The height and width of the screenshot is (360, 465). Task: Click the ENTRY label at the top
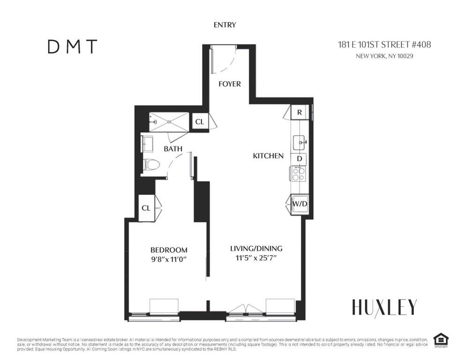(225, 25)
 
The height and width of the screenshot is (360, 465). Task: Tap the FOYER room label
(229, 84)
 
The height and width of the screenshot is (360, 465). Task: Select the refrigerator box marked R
(300, 112)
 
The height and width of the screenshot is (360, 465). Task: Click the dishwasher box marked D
(299, 159)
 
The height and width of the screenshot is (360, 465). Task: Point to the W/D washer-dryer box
(300, 204)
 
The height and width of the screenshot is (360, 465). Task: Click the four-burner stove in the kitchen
(299, 173)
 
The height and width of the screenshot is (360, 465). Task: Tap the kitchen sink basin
(300, 143)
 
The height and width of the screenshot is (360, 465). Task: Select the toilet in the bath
(151, 165)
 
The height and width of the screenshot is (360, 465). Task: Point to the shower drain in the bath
(169, 122)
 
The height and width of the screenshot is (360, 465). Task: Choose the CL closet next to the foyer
(199, 122)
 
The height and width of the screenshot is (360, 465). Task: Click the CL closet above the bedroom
(146, 208)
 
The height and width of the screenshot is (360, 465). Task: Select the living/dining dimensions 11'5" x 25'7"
(256, 258)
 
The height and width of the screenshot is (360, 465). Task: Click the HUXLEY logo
(384, 307)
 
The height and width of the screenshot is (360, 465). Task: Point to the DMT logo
(73, 46)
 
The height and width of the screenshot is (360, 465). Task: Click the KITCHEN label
(268, 156)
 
